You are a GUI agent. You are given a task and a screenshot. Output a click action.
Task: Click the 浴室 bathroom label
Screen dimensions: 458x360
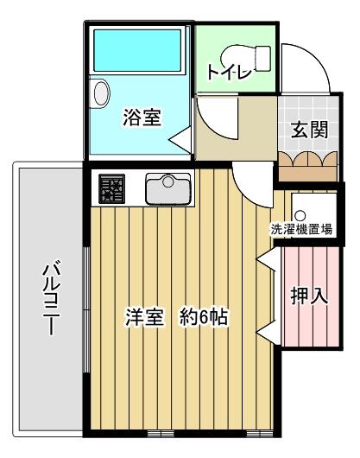(142, 117)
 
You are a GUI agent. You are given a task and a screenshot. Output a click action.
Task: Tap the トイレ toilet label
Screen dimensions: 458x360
(227, 73)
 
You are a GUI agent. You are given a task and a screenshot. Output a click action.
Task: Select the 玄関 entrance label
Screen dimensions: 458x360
(308, 130)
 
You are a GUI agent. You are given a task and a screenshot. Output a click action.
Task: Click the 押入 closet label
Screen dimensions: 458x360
(308, 296)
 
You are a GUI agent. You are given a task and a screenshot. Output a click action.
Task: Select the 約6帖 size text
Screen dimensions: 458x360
(204, 317)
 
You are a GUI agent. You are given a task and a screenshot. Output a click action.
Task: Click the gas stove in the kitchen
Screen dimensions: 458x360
(111, 188)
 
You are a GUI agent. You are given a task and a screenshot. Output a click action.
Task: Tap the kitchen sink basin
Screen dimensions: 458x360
(167, 187)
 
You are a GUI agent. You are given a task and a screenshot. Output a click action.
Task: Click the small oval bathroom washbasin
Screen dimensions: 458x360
(100, 92)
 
